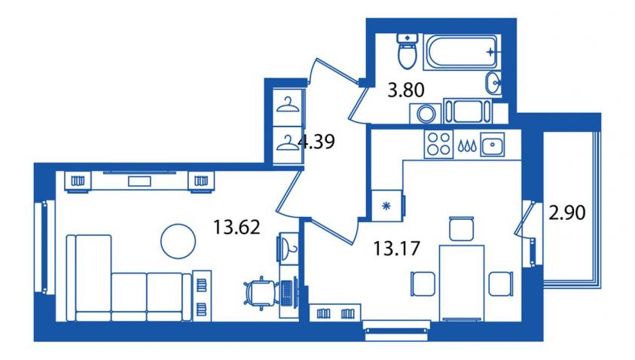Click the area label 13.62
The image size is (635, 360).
click(237, 227)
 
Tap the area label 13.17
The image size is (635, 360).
click(396, 248)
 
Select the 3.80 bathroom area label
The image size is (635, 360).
click(406, 90)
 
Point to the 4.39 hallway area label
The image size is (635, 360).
click(316, 142)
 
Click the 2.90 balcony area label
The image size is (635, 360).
click(567, 212)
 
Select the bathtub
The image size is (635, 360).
click(462, 52)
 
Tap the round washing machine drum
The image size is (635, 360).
click(426, 114)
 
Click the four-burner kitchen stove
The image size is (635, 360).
click(438, 144)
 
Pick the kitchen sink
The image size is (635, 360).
click(493, 144)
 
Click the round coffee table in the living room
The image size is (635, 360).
click(179, 241)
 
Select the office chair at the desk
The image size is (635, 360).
click(261, 291)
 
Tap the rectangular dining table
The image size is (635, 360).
click(462, 282)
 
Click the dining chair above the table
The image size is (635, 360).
click(461, 229)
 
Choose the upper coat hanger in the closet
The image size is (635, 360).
click(288, 105)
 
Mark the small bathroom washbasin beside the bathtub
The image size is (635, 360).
click(493, 83)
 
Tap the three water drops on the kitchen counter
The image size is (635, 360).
click(467, 146)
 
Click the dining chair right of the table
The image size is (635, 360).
click(501, 283)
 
